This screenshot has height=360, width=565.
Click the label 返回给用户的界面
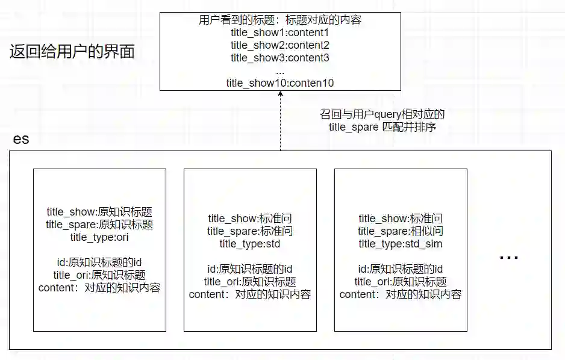coord(72,52)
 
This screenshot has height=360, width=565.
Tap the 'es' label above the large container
coord(21,140)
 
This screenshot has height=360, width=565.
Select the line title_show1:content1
coord(279,33)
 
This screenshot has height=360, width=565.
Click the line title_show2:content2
coord(279,45)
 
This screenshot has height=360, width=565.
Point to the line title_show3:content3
coord(279,58)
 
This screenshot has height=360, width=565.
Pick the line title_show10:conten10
coord(279,83)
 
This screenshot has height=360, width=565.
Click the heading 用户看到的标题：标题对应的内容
coord(279,20)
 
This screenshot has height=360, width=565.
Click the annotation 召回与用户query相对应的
coord(382,114)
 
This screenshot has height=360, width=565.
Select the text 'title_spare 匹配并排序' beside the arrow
coord(382,127)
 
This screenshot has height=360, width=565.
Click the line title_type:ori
coord(99,237)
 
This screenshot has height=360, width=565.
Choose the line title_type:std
coord(250,244)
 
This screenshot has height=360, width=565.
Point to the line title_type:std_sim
coord(401,244)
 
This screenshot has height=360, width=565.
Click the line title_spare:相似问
coord(401,231)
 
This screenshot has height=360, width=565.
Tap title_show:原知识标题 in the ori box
coord(99,212)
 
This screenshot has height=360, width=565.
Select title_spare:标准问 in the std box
coord(250,231)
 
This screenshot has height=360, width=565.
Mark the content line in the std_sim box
coord(401,294)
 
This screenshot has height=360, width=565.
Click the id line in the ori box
coord(99,262)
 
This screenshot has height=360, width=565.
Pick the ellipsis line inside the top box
coord(279,71)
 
